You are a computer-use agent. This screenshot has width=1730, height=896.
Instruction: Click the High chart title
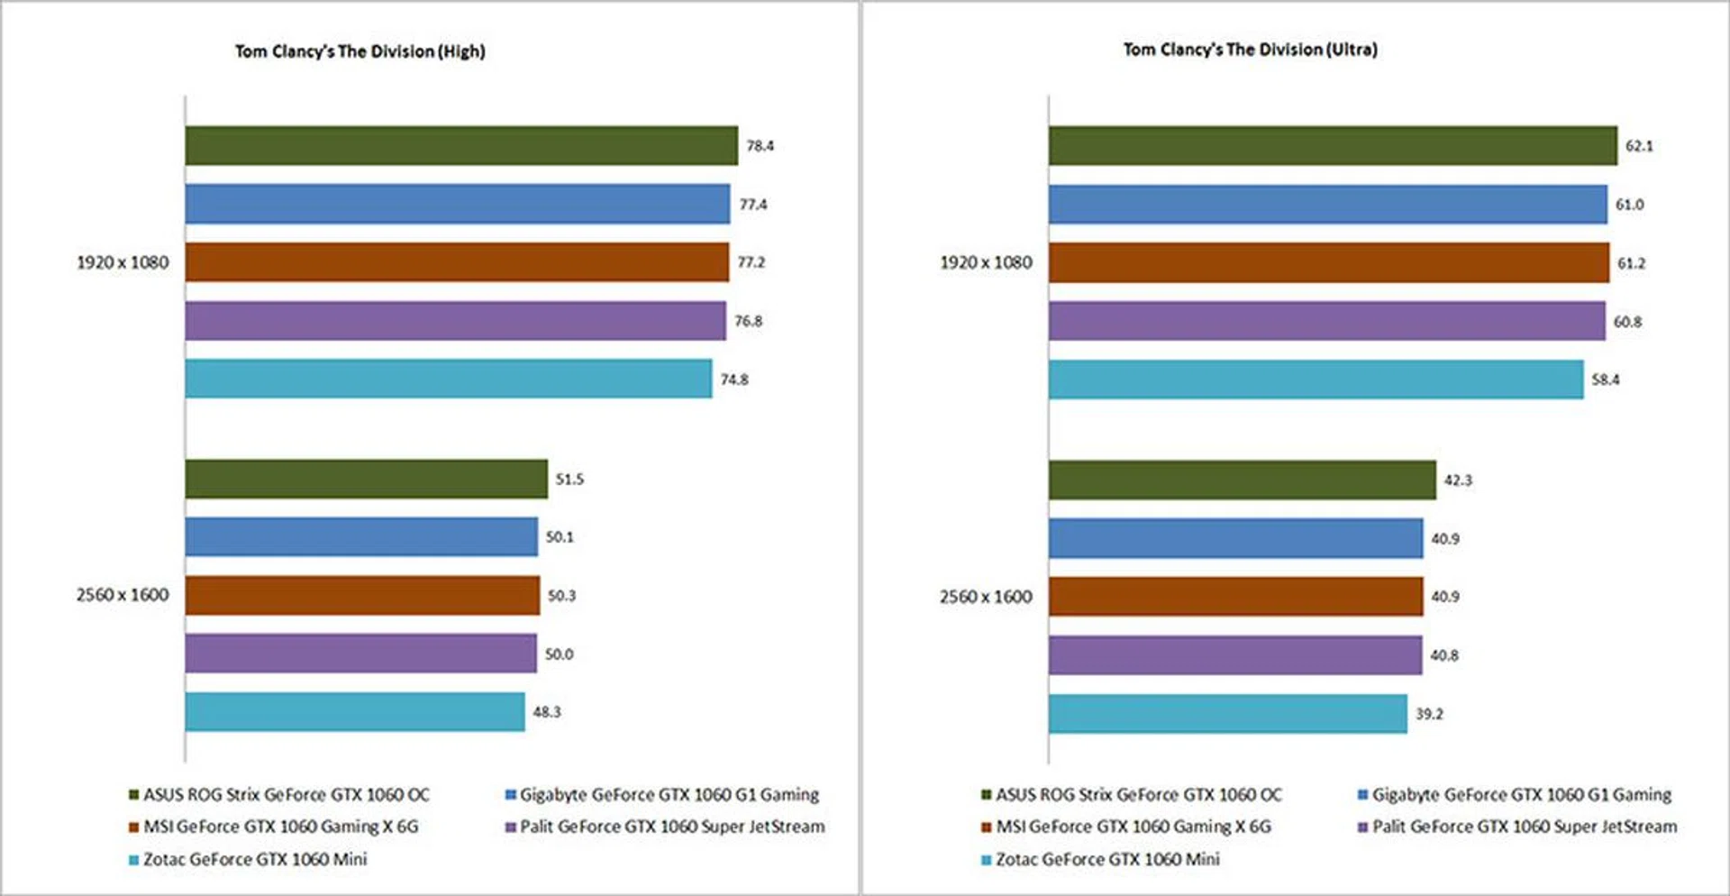360,51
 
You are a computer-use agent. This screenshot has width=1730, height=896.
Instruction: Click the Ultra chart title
1250,50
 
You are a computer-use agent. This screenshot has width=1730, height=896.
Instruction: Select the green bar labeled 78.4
461,145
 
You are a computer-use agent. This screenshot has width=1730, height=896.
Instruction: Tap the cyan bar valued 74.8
448,379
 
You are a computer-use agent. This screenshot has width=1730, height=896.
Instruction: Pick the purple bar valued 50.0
360,654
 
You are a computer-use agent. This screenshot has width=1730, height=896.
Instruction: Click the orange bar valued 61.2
1328,262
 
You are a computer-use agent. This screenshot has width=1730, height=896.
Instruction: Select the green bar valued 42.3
1242,480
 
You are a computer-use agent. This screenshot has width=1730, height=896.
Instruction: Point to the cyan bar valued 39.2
1227,713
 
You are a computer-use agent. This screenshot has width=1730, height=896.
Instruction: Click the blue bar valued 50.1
361,536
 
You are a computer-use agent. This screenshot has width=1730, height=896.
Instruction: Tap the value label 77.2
751,262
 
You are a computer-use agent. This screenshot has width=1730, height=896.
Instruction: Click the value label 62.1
1639,146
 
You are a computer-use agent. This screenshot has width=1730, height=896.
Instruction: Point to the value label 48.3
546,712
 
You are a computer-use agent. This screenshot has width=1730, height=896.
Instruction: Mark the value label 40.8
1444,655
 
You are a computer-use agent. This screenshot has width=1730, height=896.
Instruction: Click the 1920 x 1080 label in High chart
123,262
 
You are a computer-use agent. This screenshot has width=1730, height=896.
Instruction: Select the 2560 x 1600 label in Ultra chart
986,597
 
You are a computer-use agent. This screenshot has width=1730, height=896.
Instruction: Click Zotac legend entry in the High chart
255,859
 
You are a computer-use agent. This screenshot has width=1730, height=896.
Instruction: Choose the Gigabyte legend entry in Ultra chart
1521,795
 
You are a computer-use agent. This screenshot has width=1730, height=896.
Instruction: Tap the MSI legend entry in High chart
280,827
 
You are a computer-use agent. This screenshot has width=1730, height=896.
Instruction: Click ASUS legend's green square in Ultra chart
987,795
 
